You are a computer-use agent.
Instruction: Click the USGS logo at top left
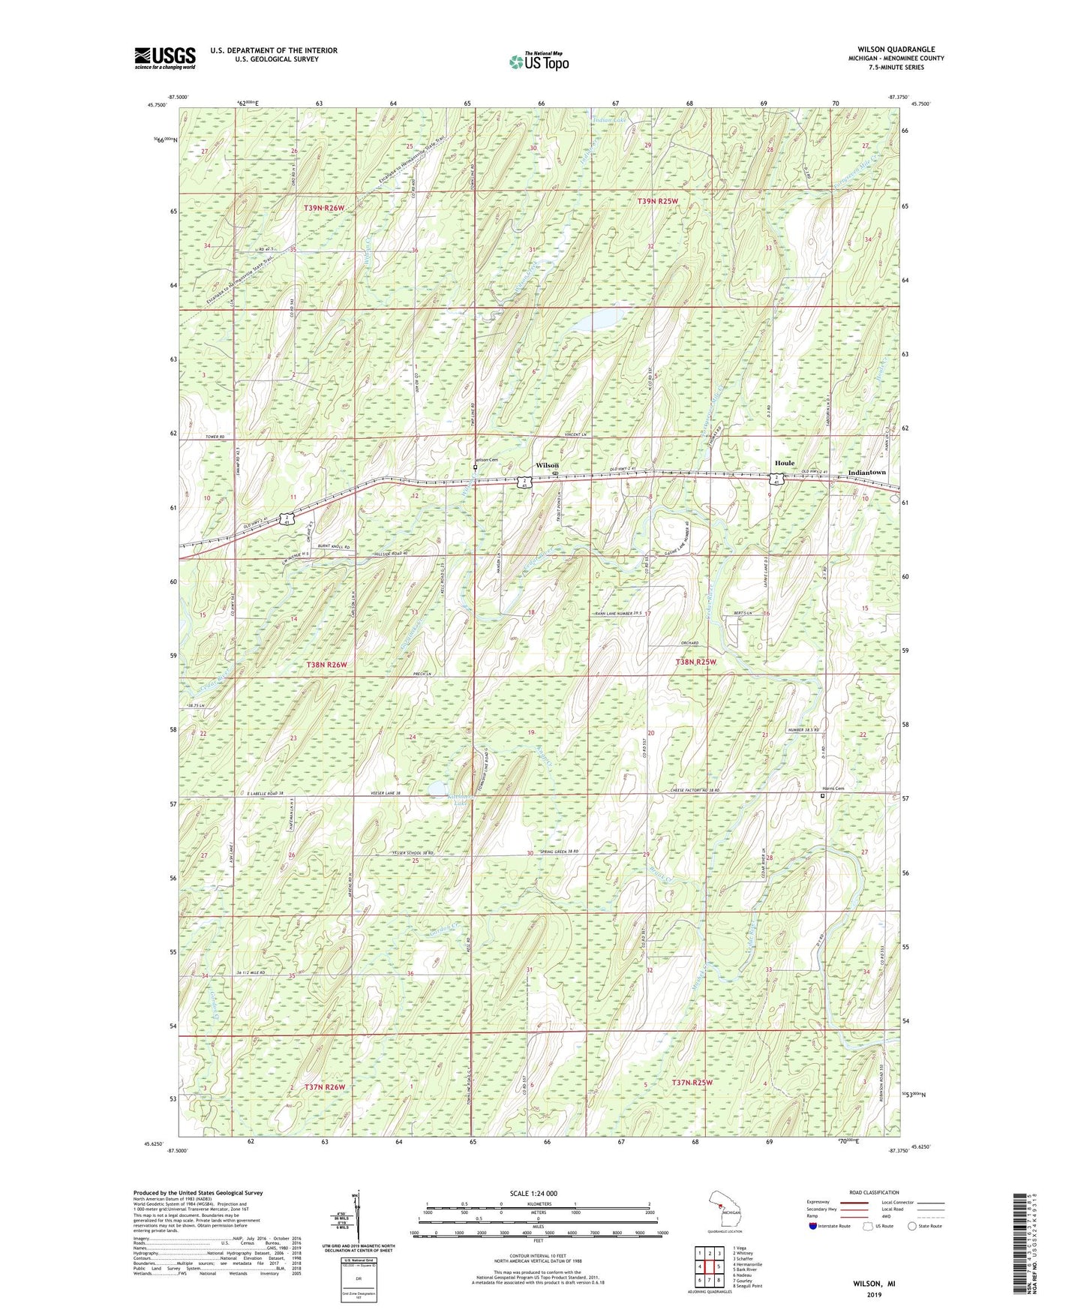point(165,58)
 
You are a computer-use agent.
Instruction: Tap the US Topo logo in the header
point(539,62)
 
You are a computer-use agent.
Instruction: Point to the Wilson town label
point(547,465)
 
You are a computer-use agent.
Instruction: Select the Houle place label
point(785,463)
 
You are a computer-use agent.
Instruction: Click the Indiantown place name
point(866,473)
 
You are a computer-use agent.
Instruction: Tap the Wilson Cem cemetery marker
point(476,467)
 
